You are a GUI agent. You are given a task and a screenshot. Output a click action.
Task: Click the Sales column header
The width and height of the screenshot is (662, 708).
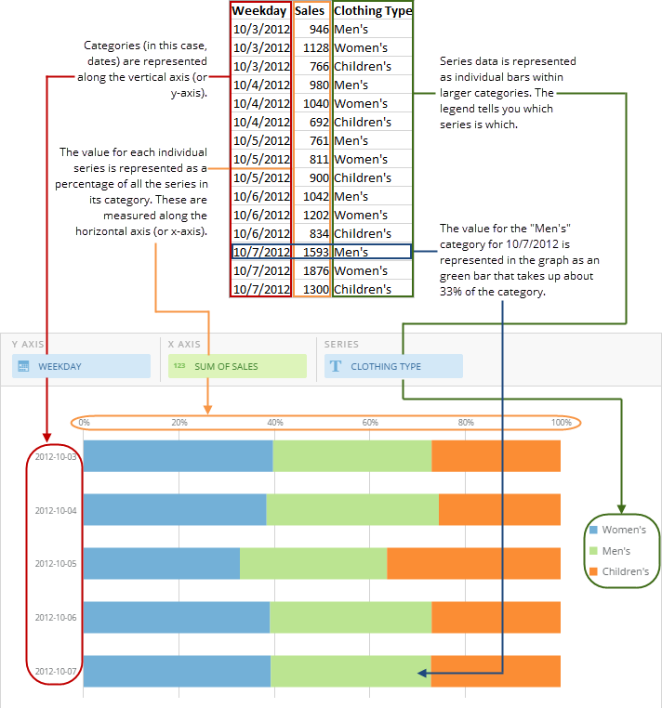(310, 11)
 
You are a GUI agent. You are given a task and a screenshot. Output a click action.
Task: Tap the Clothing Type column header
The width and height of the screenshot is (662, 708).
(372, 11)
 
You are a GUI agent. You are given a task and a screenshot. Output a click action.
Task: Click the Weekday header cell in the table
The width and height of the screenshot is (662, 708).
(259, 11)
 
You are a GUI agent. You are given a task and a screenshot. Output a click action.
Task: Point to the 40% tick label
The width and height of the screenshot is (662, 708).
(275, 423)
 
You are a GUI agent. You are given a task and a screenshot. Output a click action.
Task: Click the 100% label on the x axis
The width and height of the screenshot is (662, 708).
(562, 423)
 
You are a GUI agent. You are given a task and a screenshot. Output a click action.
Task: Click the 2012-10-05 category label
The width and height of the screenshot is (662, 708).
(55, 563)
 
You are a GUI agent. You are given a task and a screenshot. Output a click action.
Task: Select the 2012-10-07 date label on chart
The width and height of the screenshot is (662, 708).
(55, 671)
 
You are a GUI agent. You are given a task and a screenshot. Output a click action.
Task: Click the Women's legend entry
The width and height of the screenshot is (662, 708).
(623, 530)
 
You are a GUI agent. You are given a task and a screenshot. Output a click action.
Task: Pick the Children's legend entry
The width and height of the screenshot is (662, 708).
(625, 571)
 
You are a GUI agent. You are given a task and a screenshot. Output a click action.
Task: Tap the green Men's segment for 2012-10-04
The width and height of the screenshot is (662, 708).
(352, 510)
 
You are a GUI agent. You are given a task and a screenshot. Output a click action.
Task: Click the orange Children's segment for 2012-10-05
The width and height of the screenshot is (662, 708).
(473, 564)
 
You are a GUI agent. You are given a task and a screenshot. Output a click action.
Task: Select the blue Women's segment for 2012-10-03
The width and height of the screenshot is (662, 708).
(178, 456)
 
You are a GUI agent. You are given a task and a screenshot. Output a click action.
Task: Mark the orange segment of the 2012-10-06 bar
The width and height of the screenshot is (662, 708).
(496, 618)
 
